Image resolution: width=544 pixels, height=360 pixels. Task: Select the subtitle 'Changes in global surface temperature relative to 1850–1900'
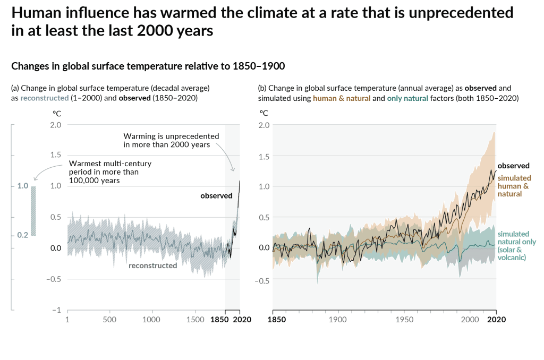point(148,66)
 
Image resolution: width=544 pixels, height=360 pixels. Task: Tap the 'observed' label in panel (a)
point(216,196)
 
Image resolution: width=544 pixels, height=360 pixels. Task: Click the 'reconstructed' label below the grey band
point(152,265)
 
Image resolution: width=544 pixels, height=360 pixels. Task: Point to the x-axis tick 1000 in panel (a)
point(151,320)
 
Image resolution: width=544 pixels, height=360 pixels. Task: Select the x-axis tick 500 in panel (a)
point(109,320)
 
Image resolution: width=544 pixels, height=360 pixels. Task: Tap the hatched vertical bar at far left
point(33,211)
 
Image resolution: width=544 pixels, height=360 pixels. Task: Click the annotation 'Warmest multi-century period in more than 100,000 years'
point(110,172)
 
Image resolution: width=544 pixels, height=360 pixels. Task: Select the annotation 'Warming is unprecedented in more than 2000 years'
point(166,140)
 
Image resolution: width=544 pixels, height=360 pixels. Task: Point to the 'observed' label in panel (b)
point(513,166)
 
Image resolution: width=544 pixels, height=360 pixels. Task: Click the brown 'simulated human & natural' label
point(513,186)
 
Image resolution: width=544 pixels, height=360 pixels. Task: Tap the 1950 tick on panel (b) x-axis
point(404,320)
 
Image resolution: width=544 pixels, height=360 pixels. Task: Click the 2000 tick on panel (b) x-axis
point(470,320)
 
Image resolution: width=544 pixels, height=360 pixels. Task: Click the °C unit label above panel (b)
point(263,113)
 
